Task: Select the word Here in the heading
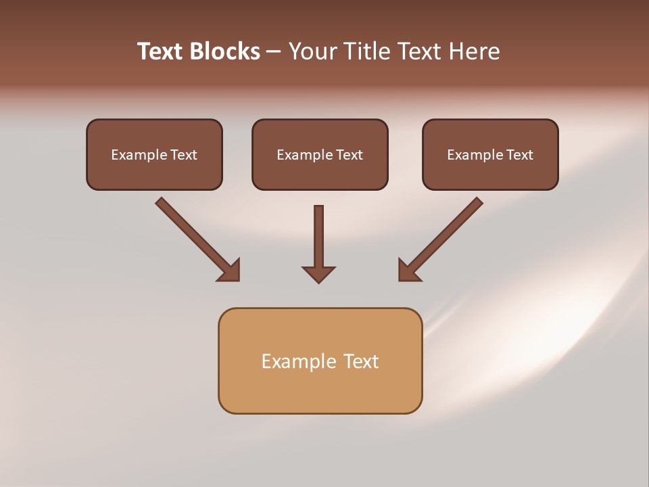point(473,51)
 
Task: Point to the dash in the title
point(274,52)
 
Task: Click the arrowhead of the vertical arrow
point(318,274)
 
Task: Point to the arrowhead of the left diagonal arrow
point(231,271)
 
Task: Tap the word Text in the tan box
point(361,361)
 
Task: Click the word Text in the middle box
point(349,155)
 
